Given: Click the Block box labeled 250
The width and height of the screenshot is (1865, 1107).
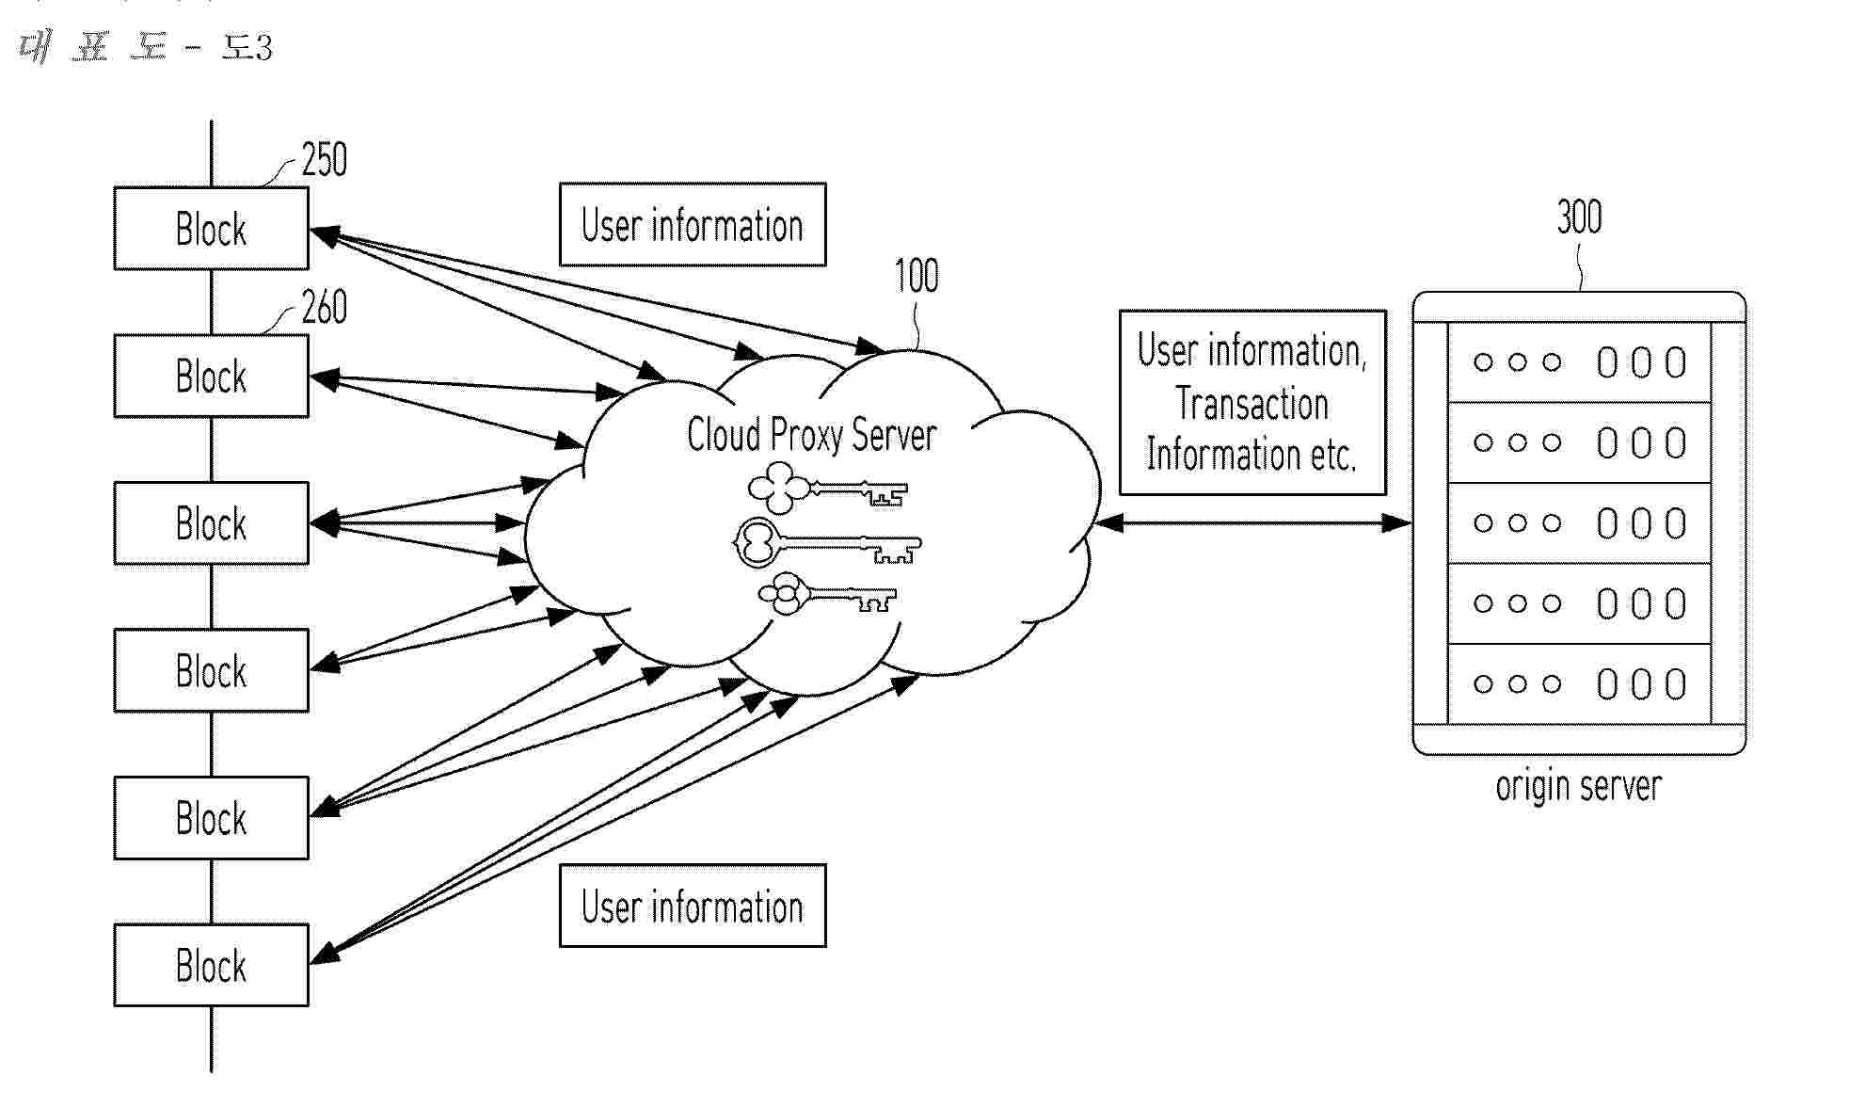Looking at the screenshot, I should click(211, 229).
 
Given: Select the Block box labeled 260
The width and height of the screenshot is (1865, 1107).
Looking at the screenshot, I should click(211, 377).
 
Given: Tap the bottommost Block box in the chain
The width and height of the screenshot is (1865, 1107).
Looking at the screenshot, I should click(211, 966).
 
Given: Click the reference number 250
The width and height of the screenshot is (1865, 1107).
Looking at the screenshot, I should click(325, 160).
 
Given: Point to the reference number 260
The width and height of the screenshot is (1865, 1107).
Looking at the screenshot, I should click(325, 308).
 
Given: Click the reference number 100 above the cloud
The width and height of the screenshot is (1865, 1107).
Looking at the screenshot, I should click(916, 276).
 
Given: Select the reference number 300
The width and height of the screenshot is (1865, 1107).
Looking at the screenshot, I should click(1579, 217).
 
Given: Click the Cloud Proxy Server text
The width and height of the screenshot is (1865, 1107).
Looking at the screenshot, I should click(811, 435).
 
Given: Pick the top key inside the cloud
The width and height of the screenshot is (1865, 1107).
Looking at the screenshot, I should click(827, 489).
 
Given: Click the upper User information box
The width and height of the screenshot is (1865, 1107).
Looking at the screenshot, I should click(693, 225).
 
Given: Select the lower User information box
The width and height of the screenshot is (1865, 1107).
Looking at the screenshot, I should click(693, 906).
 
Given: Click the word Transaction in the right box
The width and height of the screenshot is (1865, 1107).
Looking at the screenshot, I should click(1251, 405).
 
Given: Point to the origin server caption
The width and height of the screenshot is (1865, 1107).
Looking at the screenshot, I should click(1578, 786).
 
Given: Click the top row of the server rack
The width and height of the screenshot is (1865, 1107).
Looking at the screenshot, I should click(1579, 362).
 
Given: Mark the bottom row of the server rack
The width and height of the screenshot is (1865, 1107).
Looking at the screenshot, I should click(1579, 684).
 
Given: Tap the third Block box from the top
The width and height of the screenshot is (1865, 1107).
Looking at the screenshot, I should click(211, 523).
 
